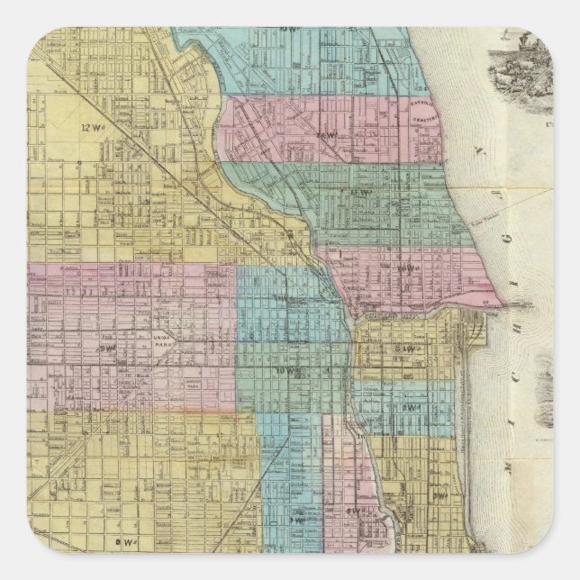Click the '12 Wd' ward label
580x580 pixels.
(x=113, y=127)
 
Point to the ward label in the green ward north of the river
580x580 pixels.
(x=364, y=192)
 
